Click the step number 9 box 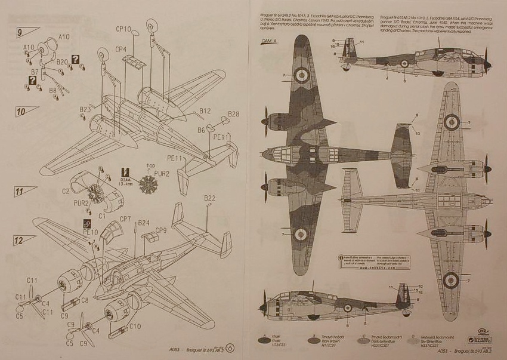click(20, 32)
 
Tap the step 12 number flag click(20, 240)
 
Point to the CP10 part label click(124, 28)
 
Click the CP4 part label click(121, 49)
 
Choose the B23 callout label click(85, 109)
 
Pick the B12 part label click(205, 111)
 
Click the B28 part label click(233, 114)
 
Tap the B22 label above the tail click(209, 198)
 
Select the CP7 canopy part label click(125, 219)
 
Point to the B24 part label click(144, 223)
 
